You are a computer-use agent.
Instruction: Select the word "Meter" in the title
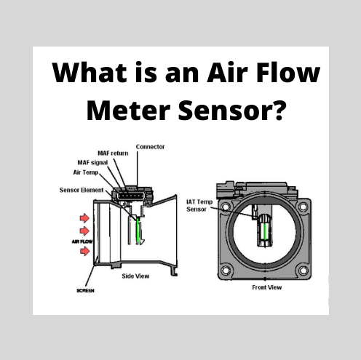(127, 111)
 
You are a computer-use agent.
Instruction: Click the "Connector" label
(150, 147)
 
